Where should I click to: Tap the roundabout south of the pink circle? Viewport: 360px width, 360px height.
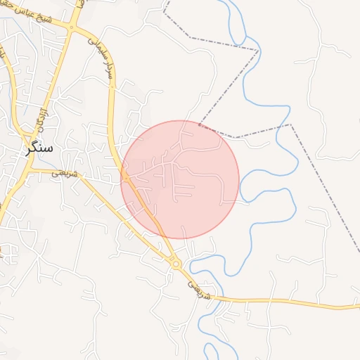click(176, 264)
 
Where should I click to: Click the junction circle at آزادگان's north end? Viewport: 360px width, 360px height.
click(70, 28)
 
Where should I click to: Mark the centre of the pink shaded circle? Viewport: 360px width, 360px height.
click(180, 179)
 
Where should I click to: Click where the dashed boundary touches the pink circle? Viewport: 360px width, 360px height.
click(200, 124)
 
